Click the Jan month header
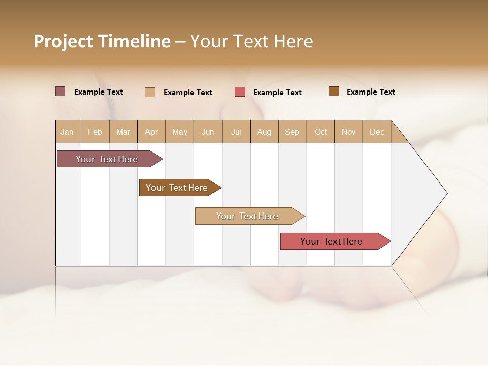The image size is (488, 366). [68, 132]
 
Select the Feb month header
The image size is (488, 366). [95, 132]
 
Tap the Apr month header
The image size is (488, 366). [151, 132]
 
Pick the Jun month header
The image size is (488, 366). [208, 132]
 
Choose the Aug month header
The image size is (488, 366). [264, 132]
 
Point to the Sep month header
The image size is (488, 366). [292, 132]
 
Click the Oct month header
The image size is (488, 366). [321, 132]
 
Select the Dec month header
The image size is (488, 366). [377, 132]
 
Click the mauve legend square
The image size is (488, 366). [60, 91]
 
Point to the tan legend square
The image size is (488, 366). [150, 92]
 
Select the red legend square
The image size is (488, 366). [240, 92]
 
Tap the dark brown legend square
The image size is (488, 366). [334, 91]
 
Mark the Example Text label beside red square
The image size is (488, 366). [278, 93]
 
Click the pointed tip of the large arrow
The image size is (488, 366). [446, 193]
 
